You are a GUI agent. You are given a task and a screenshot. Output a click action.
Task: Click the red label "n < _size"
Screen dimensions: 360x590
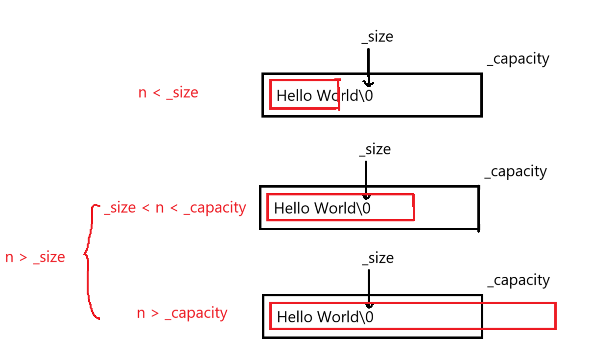(x=168, y=93)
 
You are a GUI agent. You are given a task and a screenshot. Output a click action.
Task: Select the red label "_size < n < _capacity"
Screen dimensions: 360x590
(x=175, y=208)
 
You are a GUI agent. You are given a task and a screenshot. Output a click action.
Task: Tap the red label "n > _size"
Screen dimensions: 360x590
(x=35, y=257)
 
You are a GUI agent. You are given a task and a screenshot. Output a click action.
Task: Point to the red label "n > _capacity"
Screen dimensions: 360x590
(x=182, y=313)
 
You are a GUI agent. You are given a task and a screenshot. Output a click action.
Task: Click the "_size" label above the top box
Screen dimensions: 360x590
(x=378, y=37)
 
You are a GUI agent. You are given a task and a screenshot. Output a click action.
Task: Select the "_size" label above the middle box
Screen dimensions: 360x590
(x=375, y=149)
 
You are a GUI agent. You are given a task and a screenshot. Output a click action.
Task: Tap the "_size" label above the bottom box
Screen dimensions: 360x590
(x=378, y=258)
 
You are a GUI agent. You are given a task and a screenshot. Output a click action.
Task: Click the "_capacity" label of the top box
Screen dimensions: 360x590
(x=518, y=59)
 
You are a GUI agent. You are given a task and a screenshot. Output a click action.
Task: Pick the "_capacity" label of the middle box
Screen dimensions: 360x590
(x=516, y=172)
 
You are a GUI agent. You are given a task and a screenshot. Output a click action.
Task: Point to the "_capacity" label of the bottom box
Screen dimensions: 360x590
(x=519, y=281)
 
